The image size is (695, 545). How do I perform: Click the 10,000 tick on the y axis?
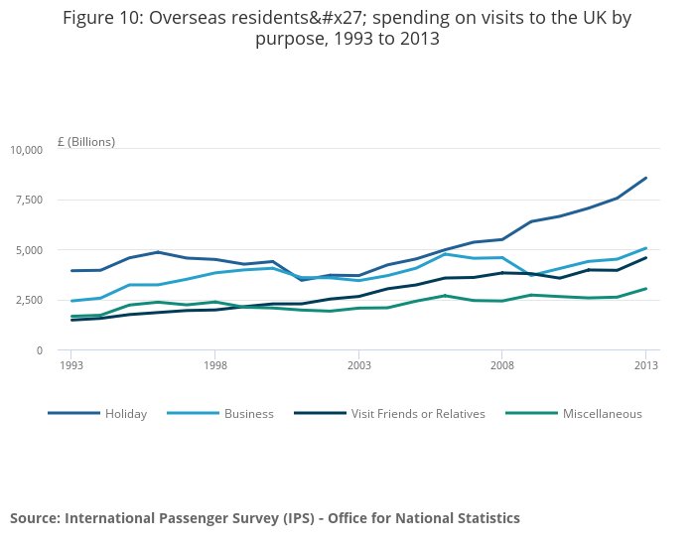click(x=27, y=150)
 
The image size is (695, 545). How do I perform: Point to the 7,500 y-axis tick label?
click(x=30, y=200)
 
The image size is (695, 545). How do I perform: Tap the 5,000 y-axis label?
click(x=30, y=250)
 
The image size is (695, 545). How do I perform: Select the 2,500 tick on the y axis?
click(x=30, y=300)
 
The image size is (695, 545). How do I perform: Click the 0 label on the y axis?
click(x=40, y=350)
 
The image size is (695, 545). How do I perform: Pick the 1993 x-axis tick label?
click(x=70, y=365)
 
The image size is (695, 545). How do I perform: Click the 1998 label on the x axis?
click(x=214, y=365)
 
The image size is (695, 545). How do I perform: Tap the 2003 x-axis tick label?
click(x=358, y=365)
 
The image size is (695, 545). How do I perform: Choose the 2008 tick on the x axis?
click(x=502, y=365)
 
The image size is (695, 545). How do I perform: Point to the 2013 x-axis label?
click(x=646, y=365)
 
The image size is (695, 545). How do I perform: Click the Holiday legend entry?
click(x=126, y=414)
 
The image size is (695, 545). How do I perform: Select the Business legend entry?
click(x=248, y=414)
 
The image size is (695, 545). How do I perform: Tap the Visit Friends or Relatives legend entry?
click(x=418, y=414)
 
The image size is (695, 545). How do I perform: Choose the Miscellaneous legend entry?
click(x=602, y=414)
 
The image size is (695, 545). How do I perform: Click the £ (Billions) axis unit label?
click(x=86, y=142)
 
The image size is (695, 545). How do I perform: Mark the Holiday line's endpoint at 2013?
click(x=646, y=178)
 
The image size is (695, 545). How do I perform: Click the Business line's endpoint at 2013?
click(x=646, y=248)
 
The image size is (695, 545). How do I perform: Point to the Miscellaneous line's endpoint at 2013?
click(x=646, y=289)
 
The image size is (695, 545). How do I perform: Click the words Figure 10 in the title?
click(x=102, y=18)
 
